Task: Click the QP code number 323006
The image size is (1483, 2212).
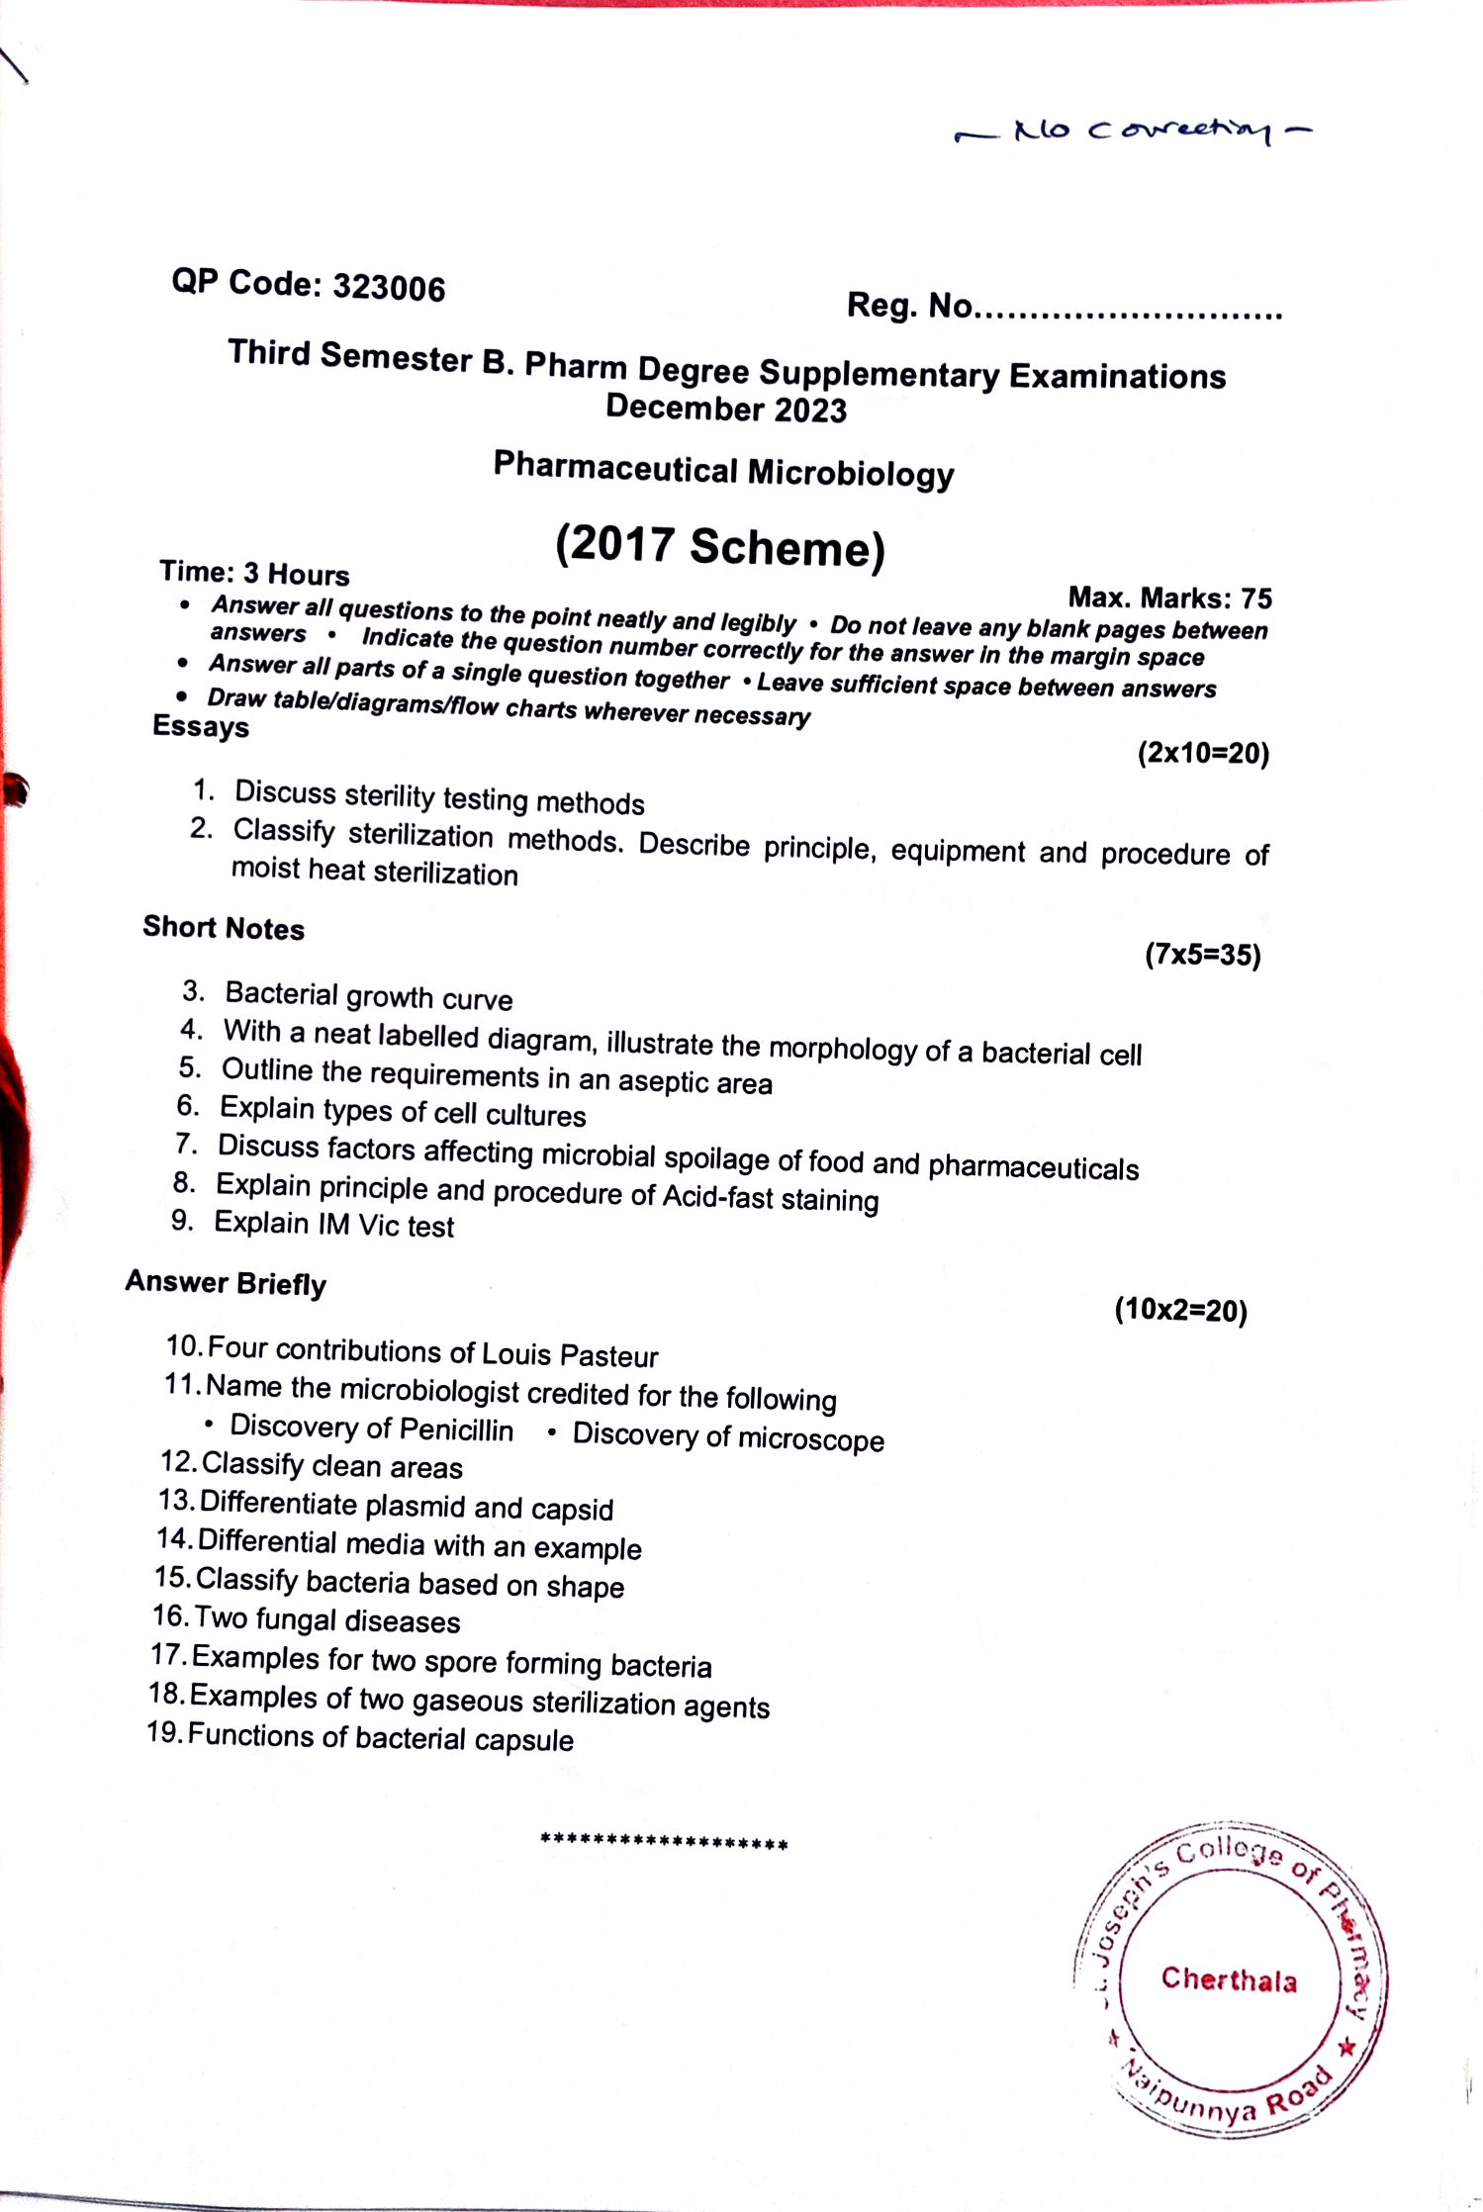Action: [x=389, y=288]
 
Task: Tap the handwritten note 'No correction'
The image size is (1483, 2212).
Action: [x=1134, y=131]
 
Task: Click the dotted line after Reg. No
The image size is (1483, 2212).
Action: [x=1129, y=314]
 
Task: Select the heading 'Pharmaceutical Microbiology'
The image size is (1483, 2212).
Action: [x=723, y=470]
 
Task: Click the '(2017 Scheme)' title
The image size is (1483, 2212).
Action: [x=719, y=547]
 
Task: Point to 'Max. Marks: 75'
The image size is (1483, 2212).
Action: [x=1169, y=598]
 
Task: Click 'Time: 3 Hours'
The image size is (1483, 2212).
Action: [x=254, y=574]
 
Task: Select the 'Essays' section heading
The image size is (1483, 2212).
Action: [x=201, y=727]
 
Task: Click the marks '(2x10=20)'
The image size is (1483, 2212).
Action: [x=1202, y=754]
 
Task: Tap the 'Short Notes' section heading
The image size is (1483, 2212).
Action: [x=224, y=928]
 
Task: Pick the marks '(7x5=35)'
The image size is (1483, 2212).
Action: [x=1202, y=955]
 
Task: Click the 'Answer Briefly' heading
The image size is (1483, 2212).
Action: [x=226, y=1283]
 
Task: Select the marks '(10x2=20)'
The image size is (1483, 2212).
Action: [x=1180, y=1310]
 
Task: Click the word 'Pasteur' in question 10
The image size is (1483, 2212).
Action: [x=608, y=1356]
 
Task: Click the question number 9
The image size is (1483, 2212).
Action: [x=182, y=1221]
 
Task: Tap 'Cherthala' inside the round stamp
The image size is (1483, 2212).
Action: [x=1229, y=1980]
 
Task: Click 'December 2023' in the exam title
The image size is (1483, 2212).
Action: [x=726, y=410]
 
